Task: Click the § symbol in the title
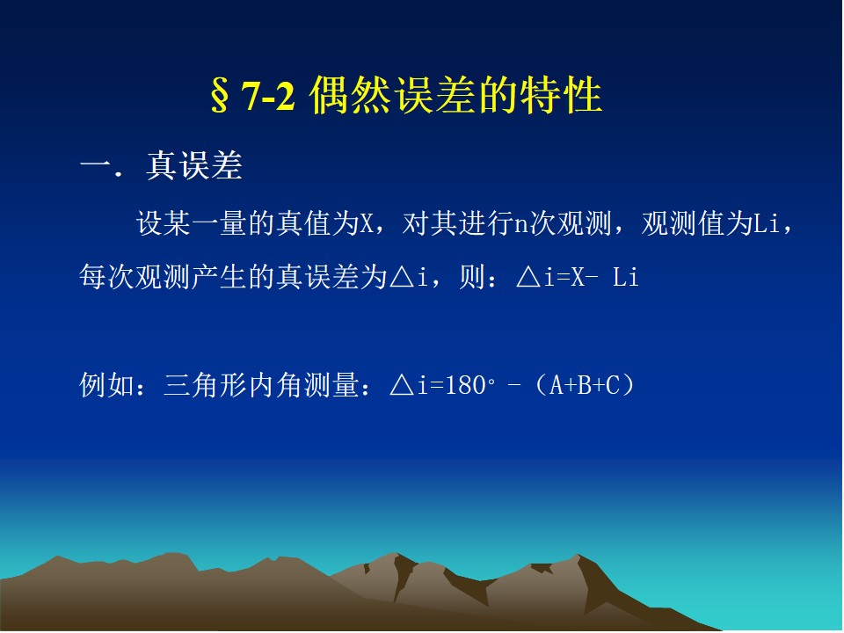click(219, 96)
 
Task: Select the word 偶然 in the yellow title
click(349, 96)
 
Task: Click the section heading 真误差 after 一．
click(193, 165)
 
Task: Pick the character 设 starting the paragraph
click(149, 222)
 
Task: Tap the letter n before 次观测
click(521, 224)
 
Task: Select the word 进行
click(486, 222)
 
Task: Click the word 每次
click(107, 277)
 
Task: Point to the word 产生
click(219, 277)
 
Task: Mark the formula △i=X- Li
click(577, 277)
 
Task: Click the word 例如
click(107, 385)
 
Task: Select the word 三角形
click(205, 385)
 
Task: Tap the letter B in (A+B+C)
click(585, 385)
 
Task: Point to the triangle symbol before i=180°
click(402, 385)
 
